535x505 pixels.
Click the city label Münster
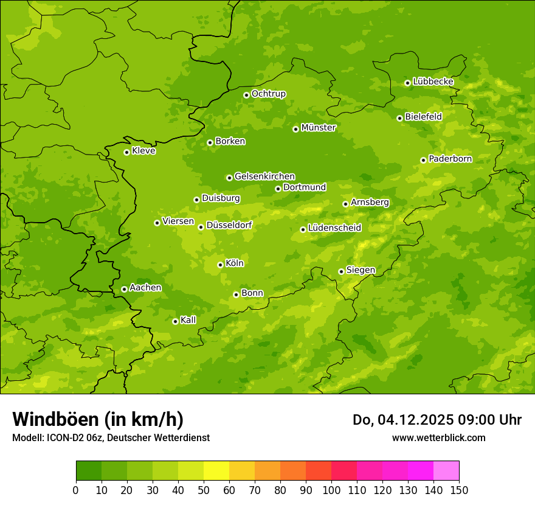319,128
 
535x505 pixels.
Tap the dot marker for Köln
220,265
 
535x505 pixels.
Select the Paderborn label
450,159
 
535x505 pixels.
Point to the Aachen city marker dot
124,289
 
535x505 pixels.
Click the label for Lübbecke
433,82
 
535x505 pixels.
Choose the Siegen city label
361,270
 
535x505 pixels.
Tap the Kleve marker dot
126,152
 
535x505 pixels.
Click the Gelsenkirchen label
264,176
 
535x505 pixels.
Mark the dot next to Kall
175,321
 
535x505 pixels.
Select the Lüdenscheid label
334,228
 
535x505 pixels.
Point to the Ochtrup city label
268,94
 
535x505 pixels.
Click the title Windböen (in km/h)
98,419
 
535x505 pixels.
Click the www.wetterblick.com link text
438,437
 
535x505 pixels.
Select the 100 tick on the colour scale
331,490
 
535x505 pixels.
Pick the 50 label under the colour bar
204,490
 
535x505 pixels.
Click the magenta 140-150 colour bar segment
446,471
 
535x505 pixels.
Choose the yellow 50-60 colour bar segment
216,471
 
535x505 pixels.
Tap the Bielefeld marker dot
399,118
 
